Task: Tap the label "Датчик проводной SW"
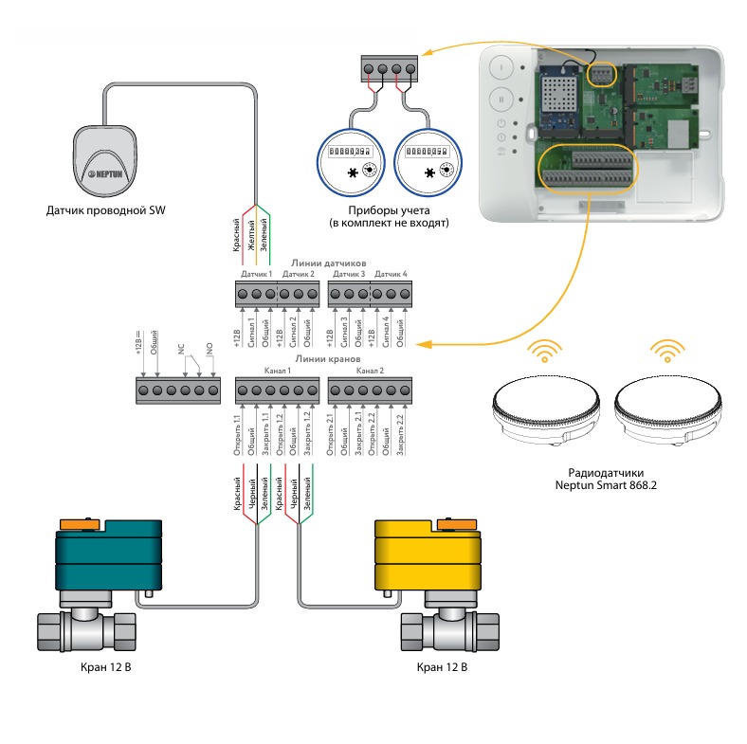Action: click(104, 209)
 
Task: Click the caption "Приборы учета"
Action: click(386, 209)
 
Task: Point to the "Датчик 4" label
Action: click(391, 274)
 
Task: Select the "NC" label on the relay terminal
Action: click(180, 348)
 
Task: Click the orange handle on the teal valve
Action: click(77, 523)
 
